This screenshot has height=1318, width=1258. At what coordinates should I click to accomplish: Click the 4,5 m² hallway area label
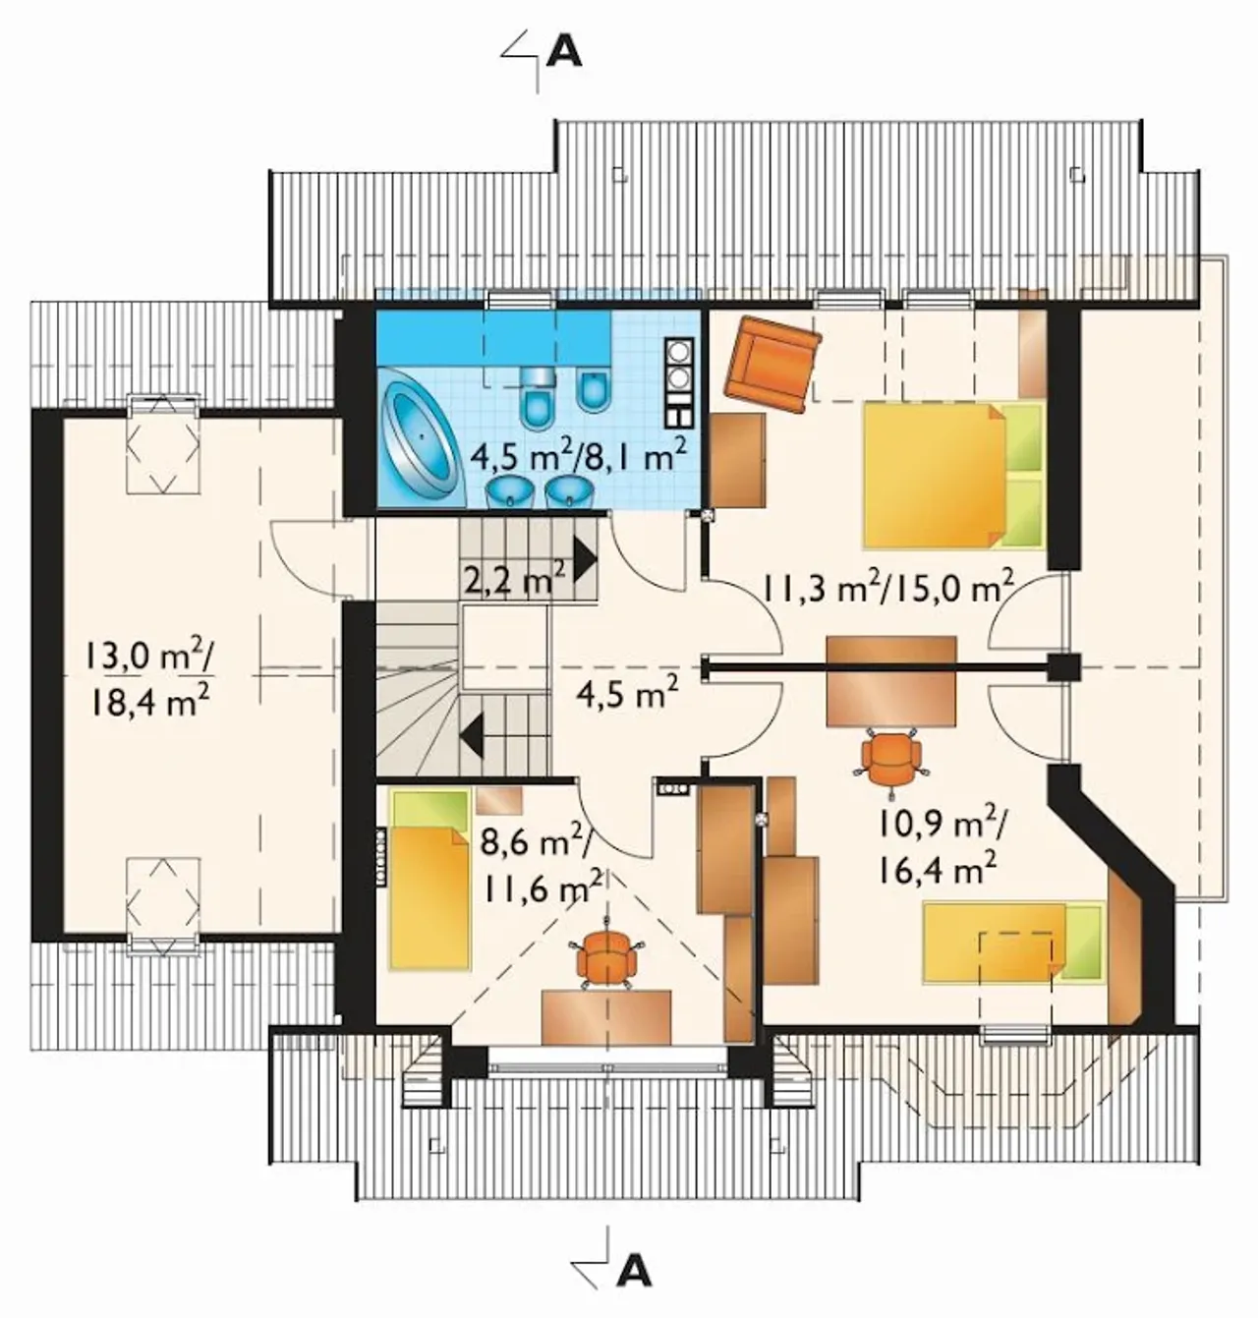627,694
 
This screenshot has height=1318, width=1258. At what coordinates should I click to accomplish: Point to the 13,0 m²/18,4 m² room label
148,679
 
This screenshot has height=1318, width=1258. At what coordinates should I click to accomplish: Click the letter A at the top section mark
564,52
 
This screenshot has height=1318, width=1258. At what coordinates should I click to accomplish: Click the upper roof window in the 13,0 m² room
163,445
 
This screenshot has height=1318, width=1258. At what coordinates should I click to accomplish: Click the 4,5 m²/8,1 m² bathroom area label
578,458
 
